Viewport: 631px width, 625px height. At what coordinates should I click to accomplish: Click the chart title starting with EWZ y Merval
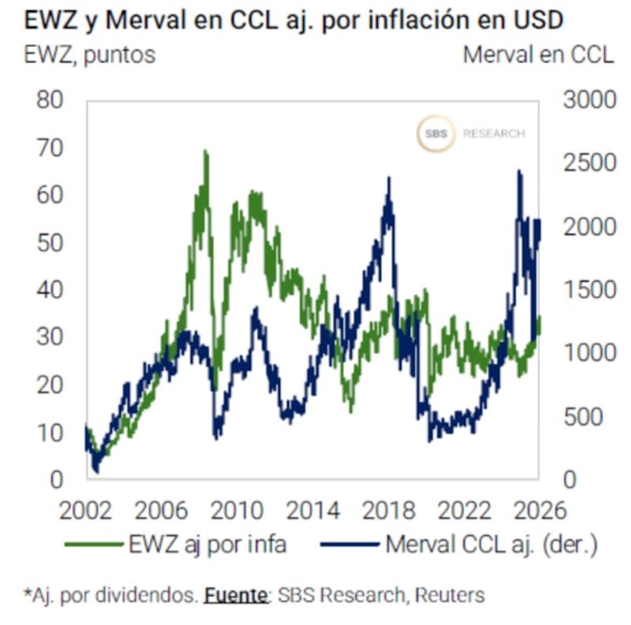click(293, 20)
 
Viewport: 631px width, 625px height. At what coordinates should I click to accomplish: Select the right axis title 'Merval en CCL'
click(538, 55)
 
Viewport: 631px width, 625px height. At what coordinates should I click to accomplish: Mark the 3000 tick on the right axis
click(588, 101)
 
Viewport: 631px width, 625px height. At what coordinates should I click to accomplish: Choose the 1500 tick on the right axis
click(588, 290)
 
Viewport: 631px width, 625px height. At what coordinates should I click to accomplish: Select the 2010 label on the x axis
click(234, 511)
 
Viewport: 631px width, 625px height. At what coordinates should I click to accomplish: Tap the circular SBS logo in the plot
click(435, 134)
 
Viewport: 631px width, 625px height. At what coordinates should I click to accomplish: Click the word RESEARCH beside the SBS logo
click(494, 134)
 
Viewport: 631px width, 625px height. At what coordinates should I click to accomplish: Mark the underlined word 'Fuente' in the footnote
click(236, 595)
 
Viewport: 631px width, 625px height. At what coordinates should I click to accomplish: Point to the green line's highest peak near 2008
click(206, 151)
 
